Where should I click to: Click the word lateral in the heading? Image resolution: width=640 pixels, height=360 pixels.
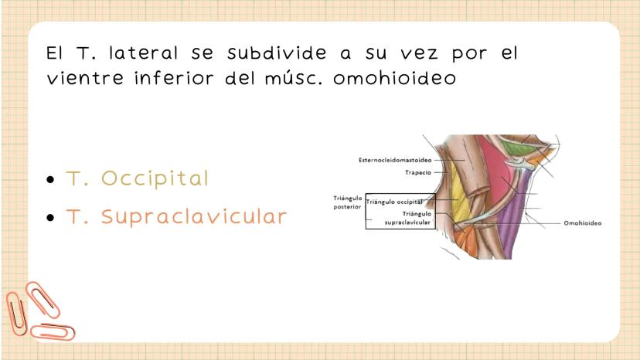coord(143,53)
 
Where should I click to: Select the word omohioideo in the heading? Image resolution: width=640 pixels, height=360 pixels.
coord(395,78)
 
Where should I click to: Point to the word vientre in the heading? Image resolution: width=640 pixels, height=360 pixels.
coord(85,78)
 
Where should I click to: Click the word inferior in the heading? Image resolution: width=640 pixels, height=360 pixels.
coord(174,78)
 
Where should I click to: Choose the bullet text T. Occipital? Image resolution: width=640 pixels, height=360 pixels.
coord(137,178)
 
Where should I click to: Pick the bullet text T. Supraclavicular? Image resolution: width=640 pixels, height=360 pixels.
coord(177,216)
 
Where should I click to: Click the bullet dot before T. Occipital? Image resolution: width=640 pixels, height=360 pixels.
coord(50,179)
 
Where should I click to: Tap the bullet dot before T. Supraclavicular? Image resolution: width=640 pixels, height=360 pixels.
coord(50,218)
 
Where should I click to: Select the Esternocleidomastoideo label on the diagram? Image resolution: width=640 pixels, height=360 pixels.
coord(395,160)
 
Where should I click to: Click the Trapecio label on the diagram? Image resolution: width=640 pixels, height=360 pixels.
coord(418,172)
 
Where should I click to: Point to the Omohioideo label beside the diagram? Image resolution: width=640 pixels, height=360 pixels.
coord(583,223)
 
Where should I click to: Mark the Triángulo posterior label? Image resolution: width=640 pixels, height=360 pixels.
coord(347,202)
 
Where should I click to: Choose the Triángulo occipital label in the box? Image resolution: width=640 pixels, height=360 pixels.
coord(394,202)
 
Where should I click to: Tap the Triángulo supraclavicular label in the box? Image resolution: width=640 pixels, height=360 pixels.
coord(408,218)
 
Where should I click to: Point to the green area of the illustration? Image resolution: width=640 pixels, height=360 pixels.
coord(512,148)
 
